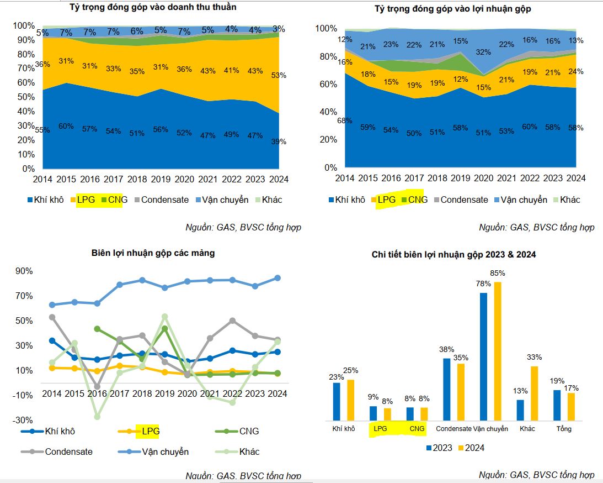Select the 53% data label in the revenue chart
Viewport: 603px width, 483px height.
[278, 76]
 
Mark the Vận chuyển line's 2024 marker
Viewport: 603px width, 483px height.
[278, 278]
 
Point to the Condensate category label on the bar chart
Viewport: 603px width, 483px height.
[453, 429]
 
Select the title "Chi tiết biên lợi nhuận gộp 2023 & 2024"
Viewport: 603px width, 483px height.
[453, 255]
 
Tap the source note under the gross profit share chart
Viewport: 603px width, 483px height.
[536, 228]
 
